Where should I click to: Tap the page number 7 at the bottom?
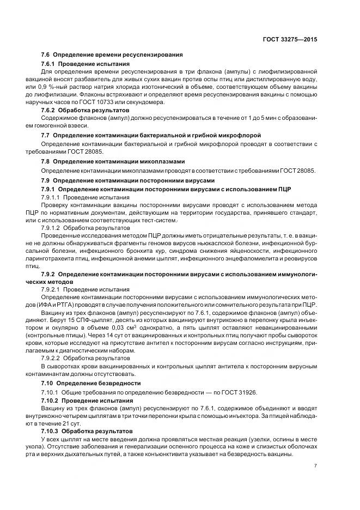point(316,466)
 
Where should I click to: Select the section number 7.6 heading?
point(46,55)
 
